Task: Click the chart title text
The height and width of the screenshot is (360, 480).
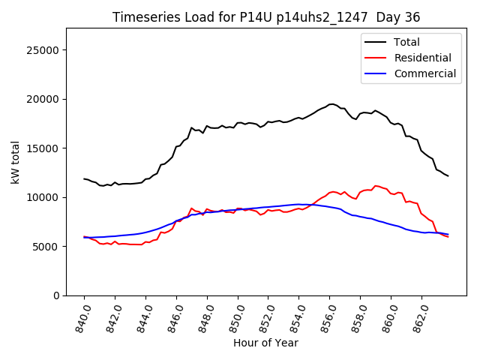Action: click(265, 17)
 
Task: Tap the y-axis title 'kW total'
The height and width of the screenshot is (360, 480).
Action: click(16, 162)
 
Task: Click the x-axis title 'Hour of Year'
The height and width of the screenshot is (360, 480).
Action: click(265, 343)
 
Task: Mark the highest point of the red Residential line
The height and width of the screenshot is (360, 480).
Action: click(376, 185)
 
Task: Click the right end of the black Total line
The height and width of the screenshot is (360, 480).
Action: click(448, 176)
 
